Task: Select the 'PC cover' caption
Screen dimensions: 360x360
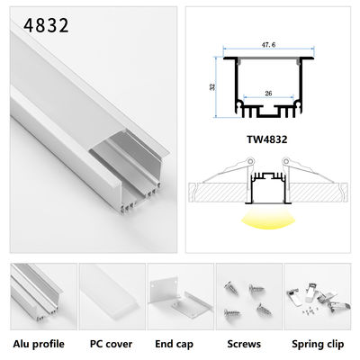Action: tap(111, 343)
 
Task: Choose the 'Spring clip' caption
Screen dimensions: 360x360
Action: tap(318, 343)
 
